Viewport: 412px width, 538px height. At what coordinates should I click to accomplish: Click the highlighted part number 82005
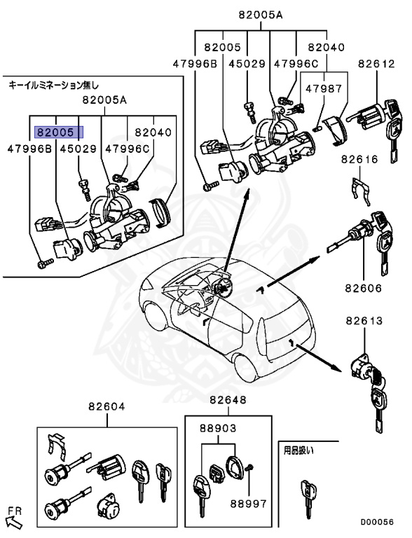click(x=55, y=132)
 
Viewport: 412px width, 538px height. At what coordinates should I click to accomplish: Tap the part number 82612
click(x=377, y=64)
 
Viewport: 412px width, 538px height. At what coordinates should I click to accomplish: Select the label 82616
click(x=359, y=159)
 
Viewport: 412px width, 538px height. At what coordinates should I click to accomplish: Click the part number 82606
click(x=364, y=288)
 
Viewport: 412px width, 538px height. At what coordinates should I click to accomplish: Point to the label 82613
click(x=364, y=321)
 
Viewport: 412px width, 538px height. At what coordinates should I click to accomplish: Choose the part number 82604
click(x=107, y=406)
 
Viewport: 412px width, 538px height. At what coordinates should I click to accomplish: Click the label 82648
click(x=228, y=400)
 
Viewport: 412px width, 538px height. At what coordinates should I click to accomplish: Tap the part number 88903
click(x=218, y=428)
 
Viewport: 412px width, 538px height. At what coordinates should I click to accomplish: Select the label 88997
click(x=248, y=504)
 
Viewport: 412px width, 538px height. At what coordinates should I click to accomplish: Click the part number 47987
click(x=324, y=89)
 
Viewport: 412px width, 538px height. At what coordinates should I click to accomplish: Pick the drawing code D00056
click(x=377, y=522)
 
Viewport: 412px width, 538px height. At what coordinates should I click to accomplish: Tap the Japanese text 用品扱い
click(x=298, y=450)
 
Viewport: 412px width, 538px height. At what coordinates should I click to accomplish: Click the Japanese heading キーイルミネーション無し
click(x=53, y=85)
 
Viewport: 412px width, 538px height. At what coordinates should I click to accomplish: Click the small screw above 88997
click(x=249, y=467)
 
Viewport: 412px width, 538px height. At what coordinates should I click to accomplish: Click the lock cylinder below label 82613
click(x=362, y=368)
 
